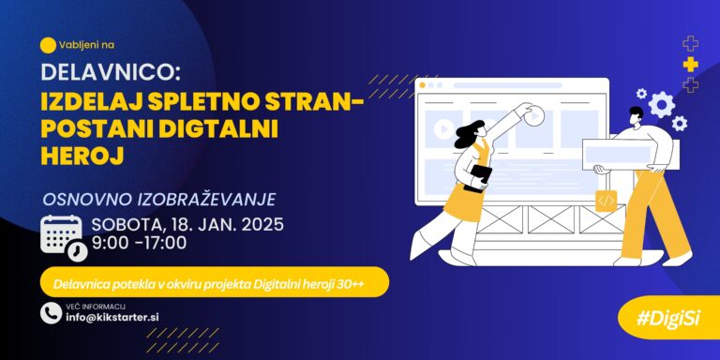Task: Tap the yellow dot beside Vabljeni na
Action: tap(48, 45)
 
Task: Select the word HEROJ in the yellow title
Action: tap(82, 157)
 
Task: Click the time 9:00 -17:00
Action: tap(139, 243)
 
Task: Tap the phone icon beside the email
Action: tap(51, 313)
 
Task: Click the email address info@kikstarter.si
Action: tap(112, 317)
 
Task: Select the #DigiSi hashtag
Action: tap(667, 319)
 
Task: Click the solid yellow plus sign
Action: tap(690, 65)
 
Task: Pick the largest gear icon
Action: tap(662, 105)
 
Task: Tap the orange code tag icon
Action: tap(607, 201)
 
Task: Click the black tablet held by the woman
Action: tap(477, 178)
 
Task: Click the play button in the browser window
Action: tap(443, 129)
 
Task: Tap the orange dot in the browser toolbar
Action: tap(422, 85)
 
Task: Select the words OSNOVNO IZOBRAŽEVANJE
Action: tap(159, 200)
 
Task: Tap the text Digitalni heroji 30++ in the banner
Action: tap(313, 284)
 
